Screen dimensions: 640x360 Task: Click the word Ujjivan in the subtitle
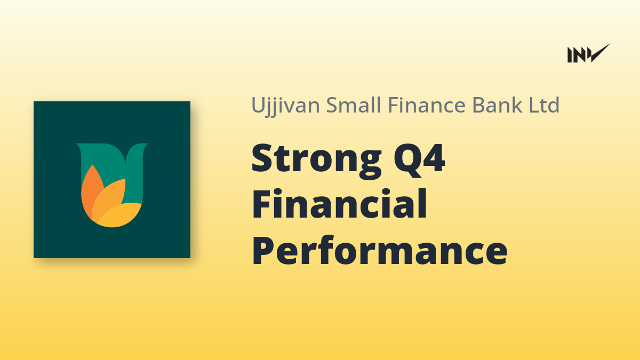(x=285, y=106)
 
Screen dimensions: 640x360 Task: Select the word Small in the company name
(x=354, y=105)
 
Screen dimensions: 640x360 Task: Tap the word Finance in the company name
(x=427, y=105)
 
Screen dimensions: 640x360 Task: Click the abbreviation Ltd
(x=544, y=105)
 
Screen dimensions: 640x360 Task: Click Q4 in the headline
(x=419, y=160)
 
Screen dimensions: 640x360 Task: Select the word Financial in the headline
(x=339, y=203)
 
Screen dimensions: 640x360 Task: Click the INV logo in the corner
(x=589, y=53)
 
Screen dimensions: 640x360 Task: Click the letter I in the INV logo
(x=570, y=55)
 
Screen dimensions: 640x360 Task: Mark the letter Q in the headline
(x=406, y=160)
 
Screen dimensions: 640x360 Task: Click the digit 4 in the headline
(x=434, y=158)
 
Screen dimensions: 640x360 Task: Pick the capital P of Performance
(x=263, y=250)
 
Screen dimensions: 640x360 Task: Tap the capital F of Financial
(x=262, y=204)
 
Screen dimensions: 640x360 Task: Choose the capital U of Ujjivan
(x=258, y=105)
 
